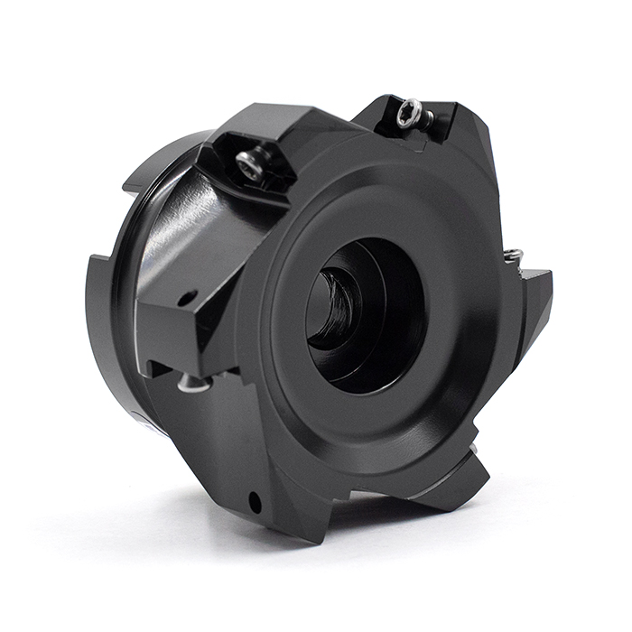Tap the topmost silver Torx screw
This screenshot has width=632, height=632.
408,114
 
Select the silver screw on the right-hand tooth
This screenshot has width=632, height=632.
514,256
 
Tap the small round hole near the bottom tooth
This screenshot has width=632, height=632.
256,497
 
